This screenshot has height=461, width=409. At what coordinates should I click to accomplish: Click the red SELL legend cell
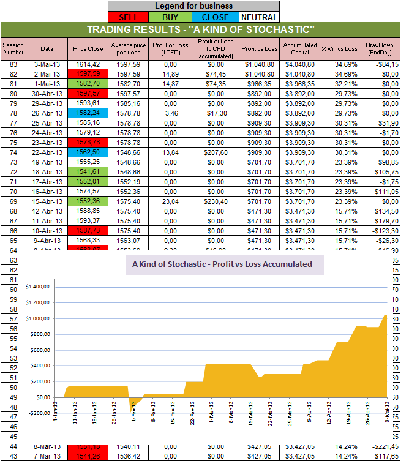point(129,17)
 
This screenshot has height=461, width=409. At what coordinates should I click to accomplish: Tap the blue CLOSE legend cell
point(215,17)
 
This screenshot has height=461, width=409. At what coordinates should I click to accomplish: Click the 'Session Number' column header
point(12,48)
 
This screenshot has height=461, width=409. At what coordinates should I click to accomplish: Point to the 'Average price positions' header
point(129,48)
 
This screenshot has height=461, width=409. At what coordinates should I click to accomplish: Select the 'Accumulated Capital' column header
point(300,48)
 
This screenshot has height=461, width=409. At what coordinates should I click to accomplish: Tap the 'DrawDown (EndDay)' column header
point(381,48)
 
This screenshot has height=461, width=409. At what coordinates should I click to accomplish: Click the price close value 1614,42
point(88,64)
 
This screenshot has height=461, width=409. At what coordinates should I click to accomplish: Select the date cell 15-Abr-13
point(47,201)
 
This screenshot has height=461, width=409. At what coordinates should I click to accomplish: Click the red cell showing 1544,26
point(88,455)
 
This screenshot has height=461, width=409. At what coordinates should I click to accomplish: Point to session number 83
point(12,64)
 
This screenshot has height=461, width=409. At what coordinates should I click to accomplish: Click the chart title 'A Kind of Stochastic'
point(222,264)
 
